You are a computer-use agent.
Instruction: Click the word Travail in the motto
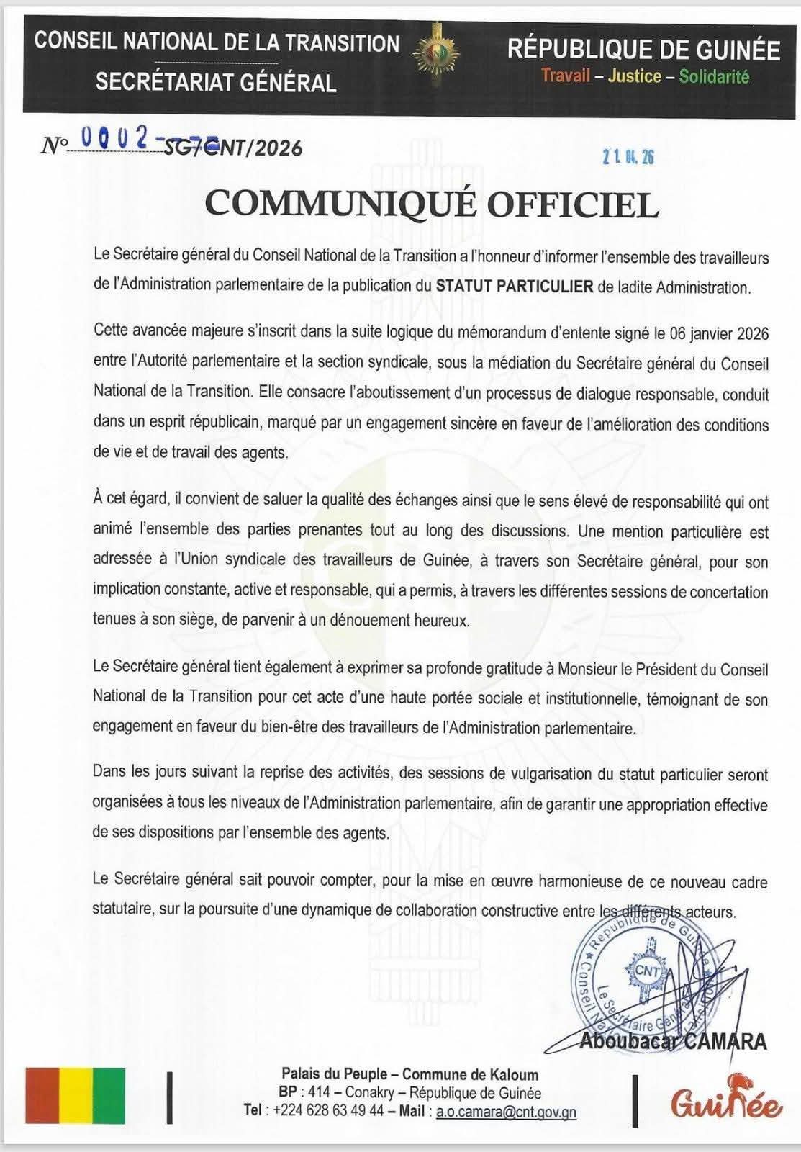pos(566,76)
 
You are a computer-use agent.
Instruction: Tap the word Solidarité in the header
pos(714,76)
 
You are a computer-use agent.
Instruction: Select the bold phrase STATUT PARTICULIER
pos(515,287)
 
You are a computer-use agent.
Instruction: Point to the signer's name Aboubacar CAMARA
pos(672,1041)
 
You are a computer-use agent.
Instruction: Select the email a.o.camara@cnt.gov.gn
pos(506,1112)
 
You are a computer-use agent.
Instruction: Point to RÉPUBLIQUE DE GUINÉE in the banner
pos(643,50)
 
